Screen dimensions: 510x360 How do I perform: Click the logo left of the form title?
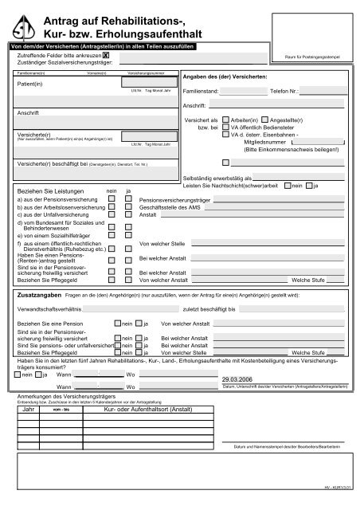[29, 26]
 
